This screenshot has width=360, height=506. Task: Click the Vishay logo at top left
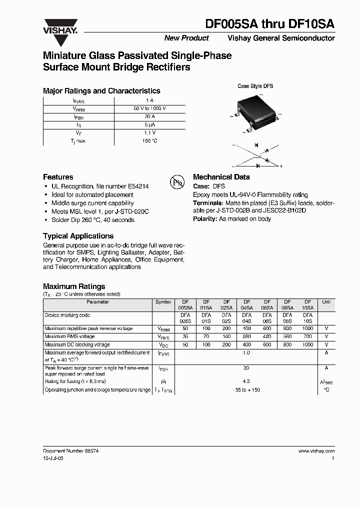59,25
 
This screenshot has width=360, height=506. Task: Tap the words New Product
186,38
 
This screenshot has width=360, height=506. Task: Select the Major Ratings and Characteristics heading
101,91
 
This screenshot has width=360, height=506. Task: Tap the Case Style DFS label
255,86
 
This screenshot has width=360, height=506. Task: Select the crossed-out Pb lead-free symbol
177,182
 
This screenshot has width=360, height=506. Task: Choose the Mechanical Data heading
221,177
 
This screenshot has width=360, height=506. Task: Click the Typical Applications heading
78,236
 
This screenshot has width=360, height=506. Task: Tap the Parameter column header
97,302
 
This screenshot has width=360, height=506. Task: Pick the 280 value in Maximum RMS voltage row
246,336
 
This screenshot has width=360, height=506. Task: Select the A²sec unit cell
326,382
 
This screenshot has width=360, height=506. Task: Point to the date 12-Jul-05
53,458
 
